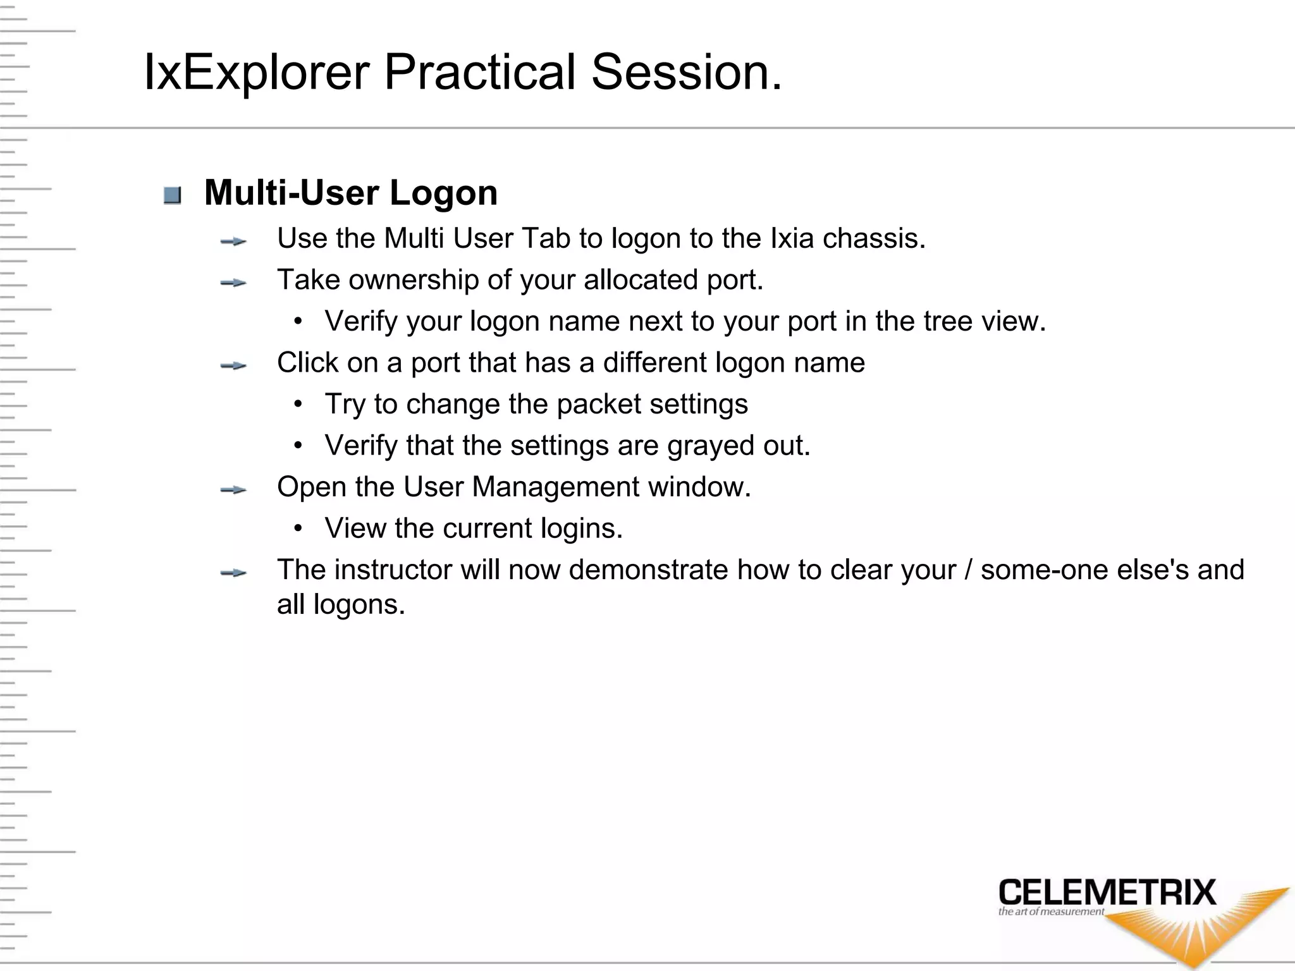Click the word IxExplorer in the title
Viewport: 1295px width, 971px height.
pyautogui.click(x=256, y=73)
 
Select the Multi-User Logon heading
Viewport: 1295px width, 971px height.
pyautogui.click(x=351, y=193)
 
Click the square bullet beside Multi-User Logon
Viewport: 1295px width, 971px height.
pyautogui.click(x=172, y=195)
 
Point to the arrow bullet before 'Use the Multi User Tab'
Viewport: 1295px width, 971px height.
pyautogui.click(x=233, y=241)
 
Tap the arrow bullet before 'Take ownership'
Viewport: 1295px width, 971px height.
pyautogui.click(x=233, y=283)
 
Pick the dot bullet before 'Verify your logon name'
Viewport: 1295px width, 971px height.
pyautogui.click(x=298, y=321)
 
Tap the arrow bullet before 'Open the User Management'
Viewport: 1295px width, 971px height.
pyautogui.click(x=233, y=490)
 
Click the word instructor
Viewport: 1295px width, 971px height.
pyautogui.click(x=393, y=570)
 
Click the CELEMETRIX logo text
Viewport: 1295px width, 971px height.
pyautogui.click(x=1107, y=893)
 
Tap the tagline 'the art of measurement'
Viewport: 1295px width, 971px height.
pyautogui.click(x=1051, y=912)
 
